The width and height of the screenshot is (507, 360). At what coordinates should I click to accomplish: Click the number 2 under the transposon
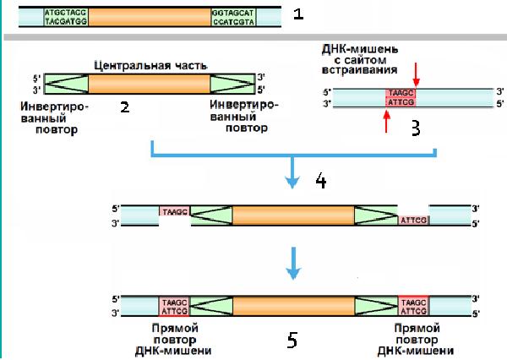[x=125, y=108]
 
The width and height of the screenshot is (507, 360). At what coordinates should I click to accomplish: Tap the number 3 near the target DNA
[x=414, y=128]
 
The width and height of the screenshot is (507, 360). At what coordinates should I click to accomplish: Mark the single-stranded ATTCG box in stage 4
[x=413, y=220]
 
